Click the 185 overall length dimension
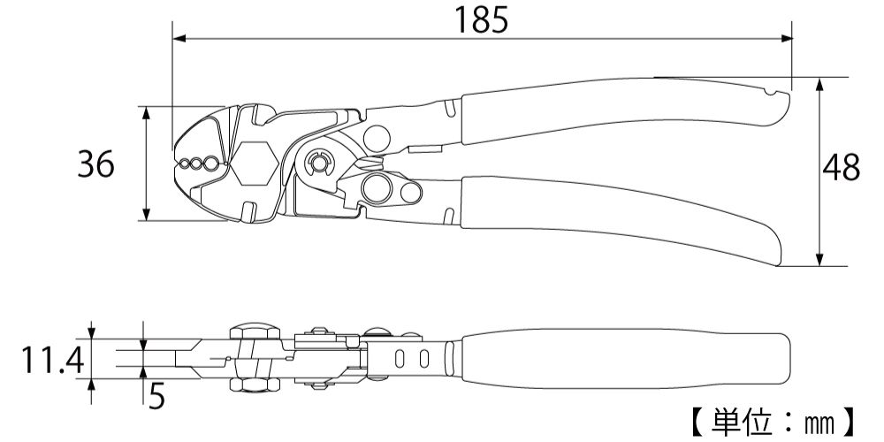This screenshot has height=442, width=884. pos(483,19)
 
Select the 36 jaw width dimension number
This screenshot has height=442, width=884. pos(95,164)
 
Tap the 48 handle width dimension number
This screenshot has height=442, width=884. pos(841,168)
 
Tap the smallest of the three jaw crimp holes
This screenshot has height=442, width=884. pos(184,164)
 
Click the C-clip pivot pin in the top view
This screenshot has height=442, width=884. pos(317,164)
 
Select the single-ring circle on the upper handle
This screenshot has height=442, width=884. pos(376,138)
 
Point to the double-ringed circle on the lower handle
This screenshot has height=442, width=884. pos(377,187)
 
